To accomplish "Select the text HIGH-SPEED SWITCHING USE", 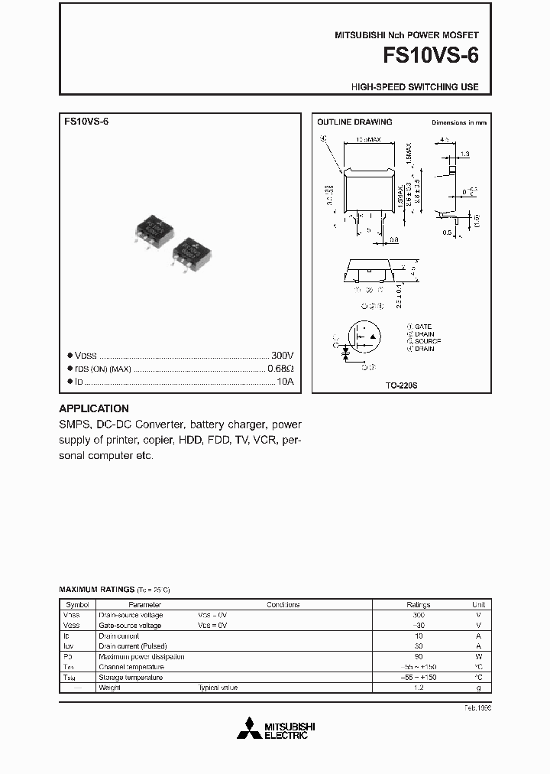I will (415, 87).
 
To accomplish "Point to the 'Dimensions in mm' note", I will (459, 122).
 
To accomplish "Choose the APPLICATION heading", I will (94, 408).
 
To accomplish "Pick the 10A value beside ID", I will (285, 381).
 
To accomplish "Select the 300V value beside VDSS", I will (282, 356).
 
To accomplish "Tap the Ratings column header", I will (418, 604).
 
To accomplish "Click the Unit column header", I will (478, 604).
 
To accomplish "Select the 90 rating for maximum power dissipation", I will (418, 657).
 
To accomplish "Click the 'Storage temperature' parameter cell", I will (131, 678).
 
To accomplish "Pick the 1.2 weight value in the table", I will (418, 688).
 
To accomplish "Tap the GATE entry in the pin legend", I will (422, 327).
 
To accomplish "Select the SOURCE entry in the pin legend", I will (426, 341).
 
